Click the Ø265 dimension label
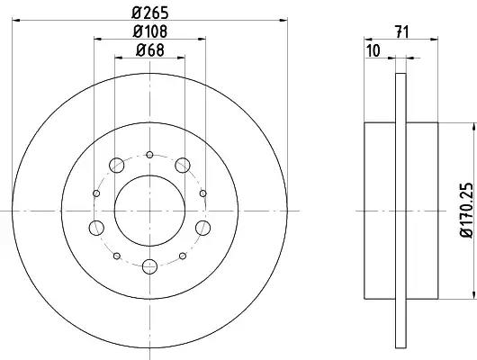(x=150, y=13)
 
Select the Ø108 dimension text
(x=150, y=31)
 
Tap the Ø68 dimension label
(x=150, y=49)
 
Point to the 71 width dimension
(x=402, y=32)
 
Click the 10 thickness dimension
(x=373, y=50)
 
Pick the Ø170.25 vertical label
(x=466, y=210)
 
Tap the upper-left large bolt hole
(x=116, y=166)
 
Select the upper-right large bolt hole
(x=183, y=166)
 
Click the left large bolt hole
(x=96, y=228)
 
